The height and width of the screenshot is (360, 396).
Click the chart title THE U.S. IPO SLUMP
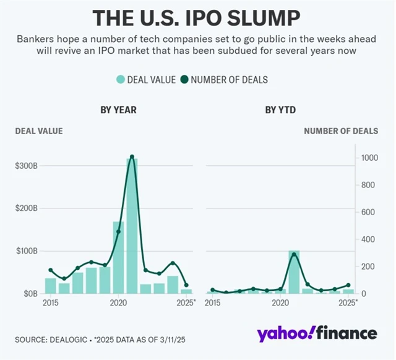(197, 19)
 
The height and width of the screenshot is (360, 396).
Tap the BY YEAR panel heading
(118, 110)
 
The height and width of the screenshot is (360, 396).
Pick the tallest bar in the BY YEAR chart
(132, 226)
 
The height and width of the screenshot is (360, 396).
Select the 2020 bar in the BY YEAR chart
(118, 257)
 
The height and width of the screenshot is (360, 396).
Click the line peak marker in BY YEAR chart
(132, 157)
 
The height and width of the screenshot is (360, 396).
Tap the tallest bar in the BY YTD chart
(294, 272)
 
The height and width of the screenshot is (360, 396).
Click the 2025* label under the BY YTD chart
(348, 303)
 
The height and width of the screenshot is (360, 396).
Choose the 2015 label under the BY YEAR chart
(51, 303)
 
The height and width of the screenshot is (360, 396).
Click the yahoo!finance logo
(317, 334)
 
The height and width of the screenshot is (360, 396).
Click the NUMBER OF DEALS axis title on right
(341, 131)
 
